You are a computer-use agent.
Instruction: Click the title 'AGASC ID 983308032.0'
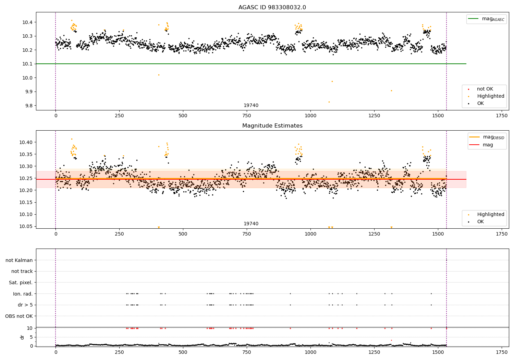coord(272,8)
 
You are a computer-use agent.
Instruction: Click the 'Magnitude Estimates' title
coord(272,126)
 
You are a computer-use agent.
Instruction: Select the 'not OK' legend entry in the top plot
coord(485,89)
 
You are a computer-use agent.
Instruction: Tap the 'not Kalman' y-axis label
coord(19,260)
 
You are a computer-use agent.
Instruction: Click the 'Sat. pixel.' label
coord(21,283)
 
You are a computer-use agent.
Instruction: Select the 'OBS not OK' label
coord(19,316)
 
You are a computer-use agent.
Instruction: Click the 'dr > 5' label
coord(25,305)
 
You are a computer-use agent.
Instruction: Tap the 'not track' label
coord(22,272)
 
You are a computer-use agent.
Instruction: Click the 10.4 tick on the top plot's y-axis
coord(27,22)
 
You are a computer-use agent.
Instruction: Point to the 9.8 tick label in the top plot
coord(28,106)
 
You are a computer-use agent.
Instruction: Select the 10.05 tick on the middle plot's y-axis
coord(26,226)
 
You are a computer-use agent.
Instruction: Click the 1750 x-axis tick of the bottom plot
coord(502,352)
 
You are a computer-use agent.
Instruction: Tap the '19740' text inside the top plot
coord(251,106)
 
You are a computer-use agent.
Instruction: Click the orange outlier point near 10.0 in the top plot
coord(159,75)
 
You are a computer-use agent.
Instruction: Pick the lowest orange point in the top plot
coord(329,102)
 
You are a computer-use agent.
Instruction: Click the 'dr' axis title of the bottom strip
coord(22,337)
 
